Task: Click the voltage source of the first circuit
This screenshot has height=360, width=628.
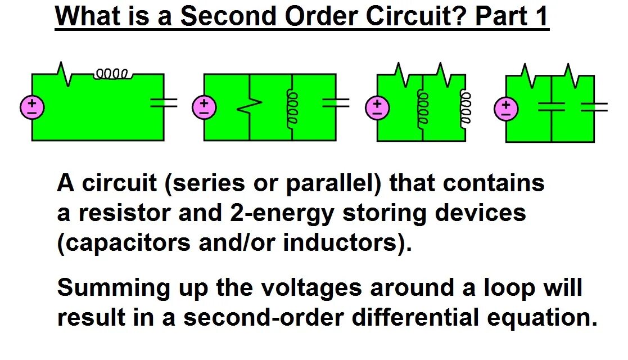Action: pyautogui.click(x=32, y=107)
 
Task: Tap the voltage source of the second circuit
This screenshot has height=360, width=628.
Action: pyautogui.click(x=204, y=107)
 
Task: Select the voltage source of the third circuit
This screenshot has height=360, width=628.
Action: pyautogui.click(x=377, y=107)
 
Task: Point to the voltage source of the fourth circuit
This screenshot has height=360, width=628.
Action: pyautogui.click(x=506, y=109)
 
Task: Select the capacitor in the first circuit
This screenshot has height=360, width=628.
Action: pyautogui.click(x=164, y=102)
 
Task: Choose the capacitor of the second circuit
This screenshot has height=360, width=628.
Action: pyautogui.click(x=336, y=102)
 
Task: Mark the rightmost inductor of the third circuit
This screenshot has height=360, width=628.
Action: pyautogui.click(x=466, y=107)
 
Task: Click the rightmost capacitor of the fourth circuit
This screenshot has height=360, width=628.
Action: pyautogui.click(x=594, y=107)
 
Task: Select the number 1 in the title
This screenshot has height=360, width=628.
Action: pyautogui.click(x=541, y=16)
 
